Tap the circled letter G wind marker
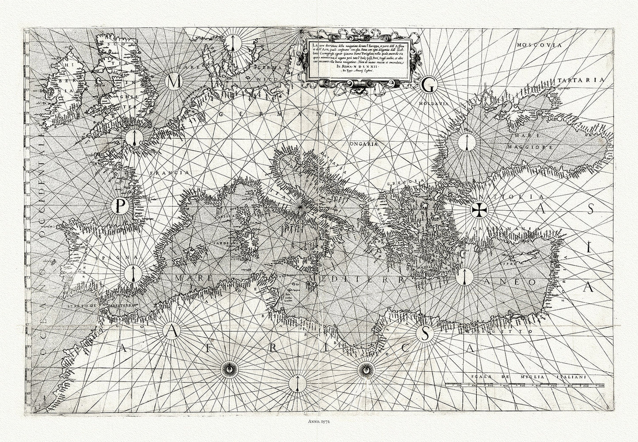[x=427, y=86]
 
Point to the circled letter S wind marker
[x=425, y=334]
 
